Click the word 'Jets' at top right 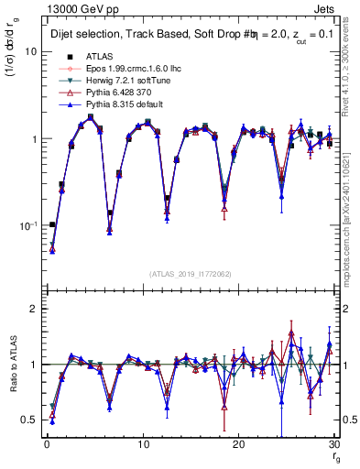point(326,8)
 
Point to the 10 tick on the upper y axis point(31,52)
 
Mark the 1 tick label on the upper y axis point(35,139)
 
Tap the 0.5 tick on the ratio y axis point(30,420)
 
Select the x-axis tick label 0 point(46,446)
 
